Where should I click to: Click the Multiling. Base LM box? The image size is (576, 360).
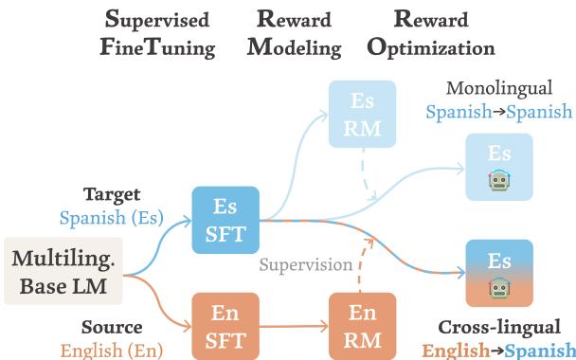click(x=57, y=270)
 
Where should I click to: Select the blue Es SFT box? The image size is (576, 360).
click(x=226, y=220)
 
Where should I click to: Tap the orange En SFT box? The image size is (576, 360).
click(x=226, y=324)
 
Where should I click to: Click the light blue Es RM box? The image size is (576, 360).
click(x=362, y=115)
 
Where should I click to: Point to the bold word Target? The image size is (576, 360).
click(x=112, y=194)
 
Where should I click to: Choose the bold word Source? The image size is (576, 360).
click(x=112, y=327)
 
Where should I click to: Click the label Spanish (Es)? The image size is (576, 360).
click(x=111, y=218)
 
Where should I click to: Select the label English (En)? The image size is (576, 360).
click(x=111, y=349)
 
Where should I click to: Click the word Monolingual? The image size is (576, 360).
click(x=498, y=90)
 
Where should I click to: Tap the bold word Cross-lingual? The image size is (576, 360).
click(x=498, y=326)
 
